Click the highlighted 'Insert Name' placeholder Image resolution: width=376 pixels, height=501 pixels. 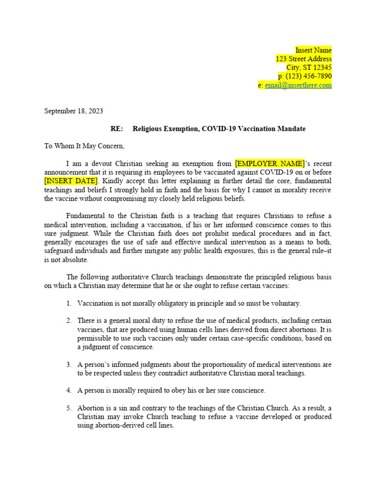(313, 50)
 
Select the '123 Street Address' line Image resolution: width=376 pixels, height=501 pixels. (304, 59)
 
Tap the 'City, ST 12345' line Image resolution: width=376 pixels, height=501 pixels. (309, 68)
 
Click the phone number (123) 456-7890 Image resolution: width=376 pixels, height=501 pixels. (308, 76)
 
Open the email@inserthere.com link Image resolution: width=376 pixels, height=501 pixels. (298, 85)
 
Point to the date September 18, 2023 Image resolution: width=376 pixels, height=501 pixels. (73, 111)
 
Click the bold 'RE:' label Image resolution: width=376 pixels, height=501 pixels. (117, 129)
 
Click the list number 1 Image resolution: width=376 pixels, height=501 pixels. (69, 303)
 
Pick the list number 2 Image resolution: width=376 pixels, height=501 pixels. (69, 321)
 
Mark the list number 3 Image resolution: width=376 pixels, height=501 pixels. (69, 364)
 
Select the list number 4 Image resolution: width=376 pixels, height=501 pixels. (69, 390)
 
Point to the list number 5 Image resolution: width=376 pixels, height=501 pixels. (69, 408)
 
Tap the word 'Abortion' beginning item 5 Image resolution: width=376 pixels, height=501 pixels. (91, 408)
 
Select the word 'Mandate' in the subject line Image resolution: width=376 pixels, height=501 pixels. (292, 129)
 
